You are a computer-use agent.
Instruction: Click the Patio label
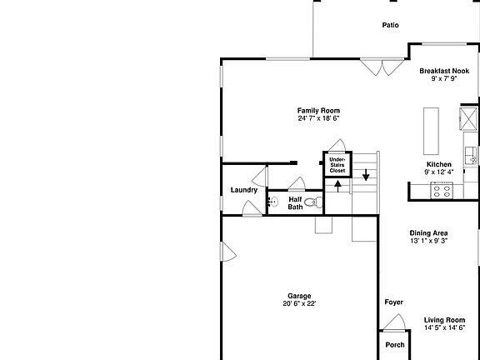click(x=390, y=25)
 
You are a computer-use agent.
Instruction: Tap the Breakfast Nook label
click(x=443, y=72)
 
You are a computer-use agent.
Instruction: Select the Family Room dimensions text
click(x=318, y=118)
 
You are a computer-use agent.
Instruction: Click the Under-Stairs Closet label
click(x=337, y=164)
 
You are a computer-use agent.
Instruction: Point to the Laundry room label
click(x=244, y=190)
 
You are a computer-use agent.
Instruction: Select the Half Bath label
click(x=296, y=203)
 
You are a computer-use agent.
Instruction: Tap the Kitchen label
click(x=438, y=165)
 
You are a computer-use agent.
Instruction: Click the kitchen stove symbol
click(x=441, y=190)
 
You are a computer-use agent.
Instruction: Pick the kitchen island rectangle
click(x=432, y=130)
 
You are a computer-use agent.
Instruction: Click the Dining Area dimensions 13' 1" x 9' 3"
click(x=428, y=241)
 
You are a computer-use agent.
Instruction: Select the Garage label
click(x=299, y=296)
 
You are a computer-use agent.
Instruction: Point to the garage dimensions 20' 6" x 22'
click(x=299, y=304)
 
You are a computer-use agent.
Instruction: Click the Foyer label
click(x=393, y=302)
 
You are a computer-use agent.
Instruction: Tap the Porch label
click(x=395, y=345)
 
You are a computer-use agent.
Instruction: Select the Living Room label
click(x=444, y=320)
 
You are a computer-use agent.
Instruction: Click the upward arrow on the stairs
click(x=338, y=184)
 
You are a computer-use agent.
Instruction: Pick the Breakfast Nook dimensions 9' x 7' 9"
click(x=443, y=79)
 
